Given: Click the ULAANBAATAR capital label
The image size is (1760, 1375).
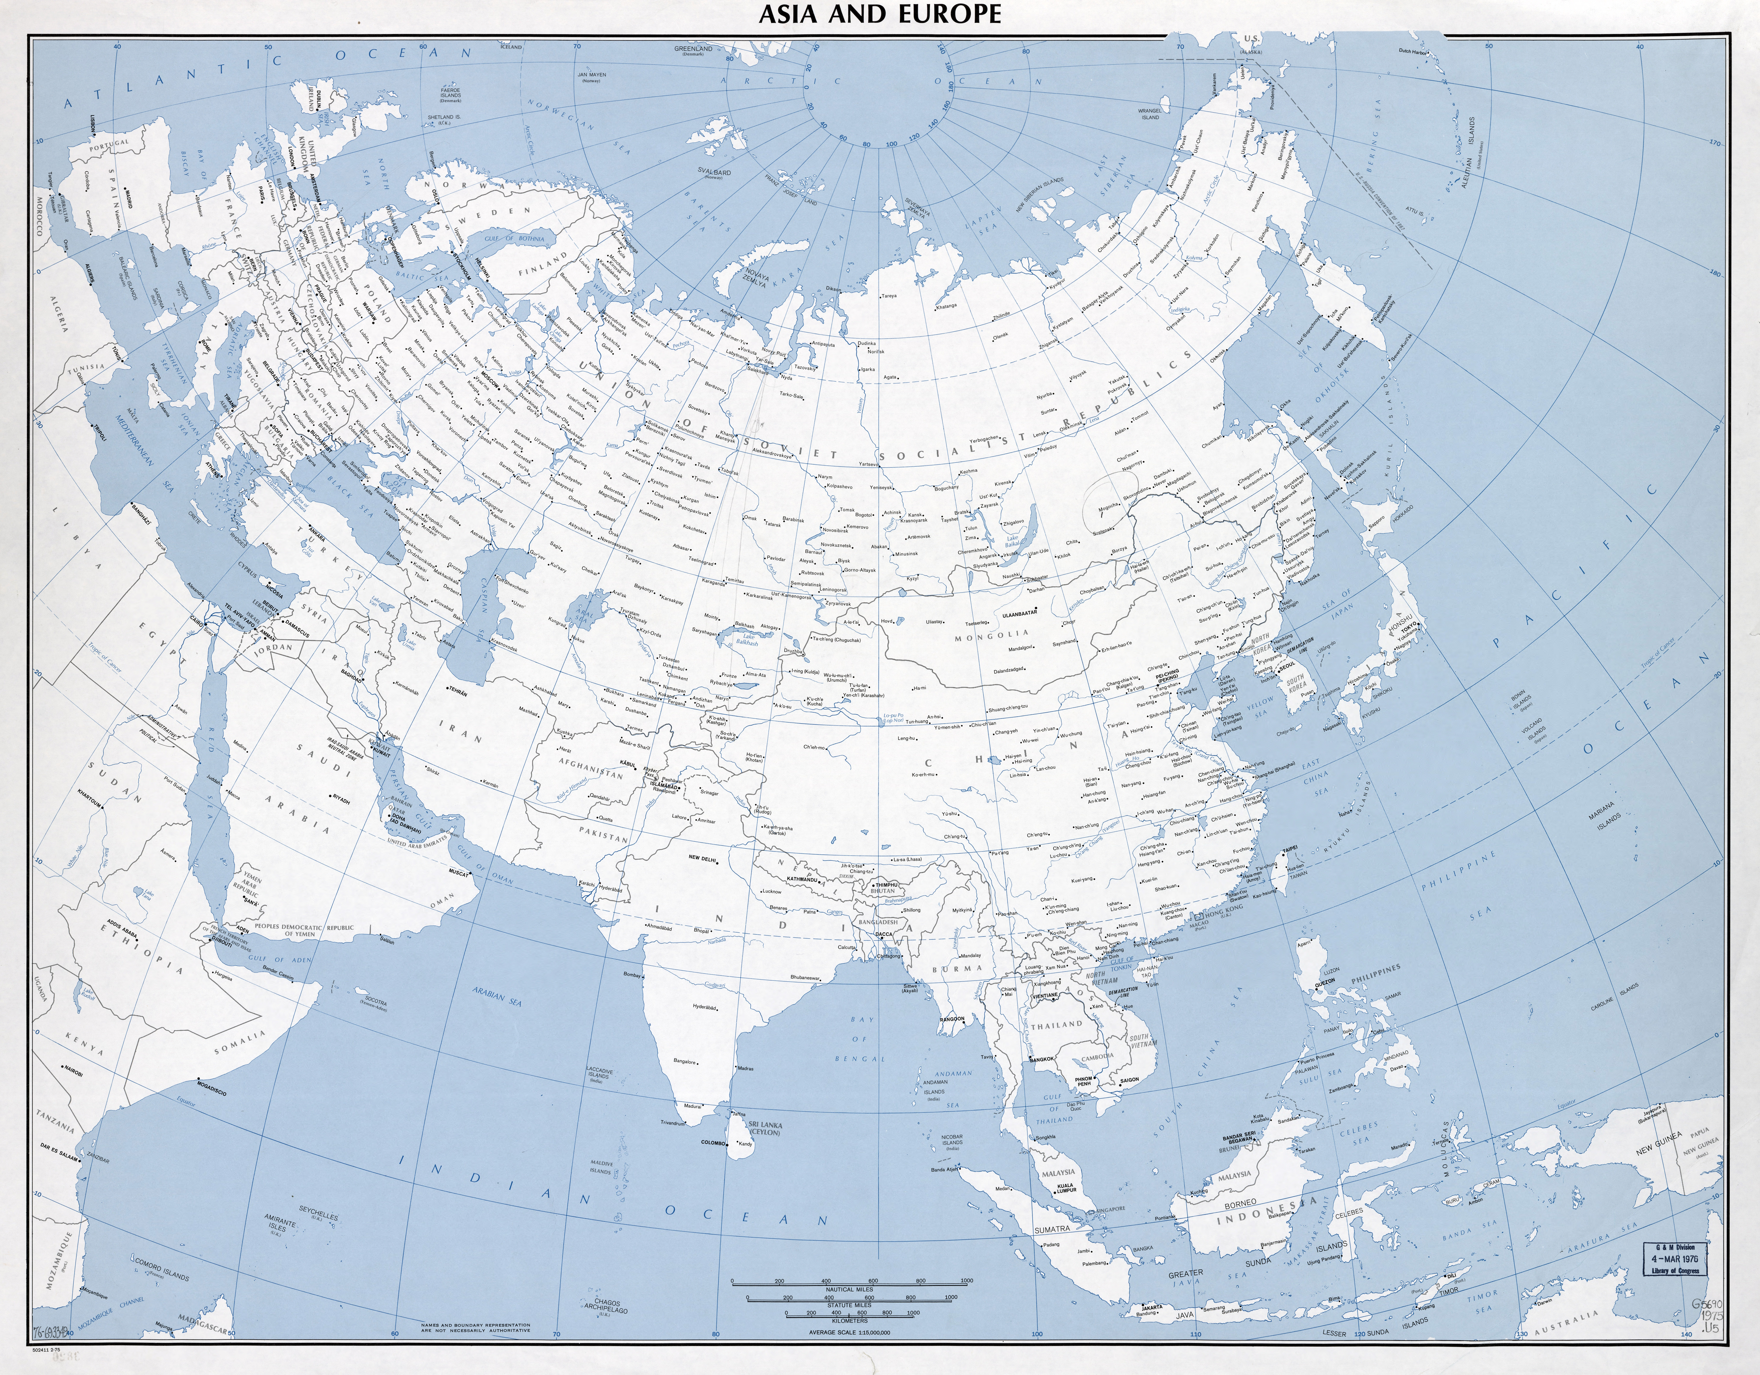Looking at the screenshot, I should [x=994, y=612].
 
